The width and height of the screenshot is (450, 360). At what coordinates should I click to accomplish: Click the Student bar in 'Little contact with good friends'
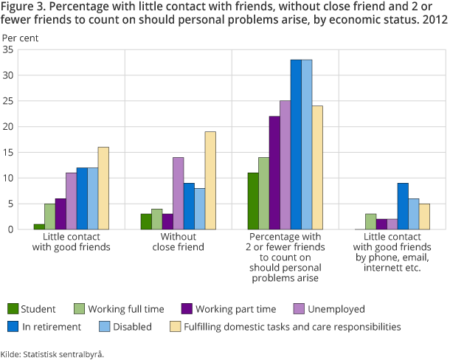click(38, 226)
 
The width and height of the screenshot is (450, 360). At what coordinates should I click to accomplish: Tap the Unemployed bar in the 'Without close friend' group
click(178, 193)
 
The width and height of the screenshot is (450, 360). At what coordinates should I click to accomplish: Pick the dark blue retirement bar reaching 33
click(296, 145)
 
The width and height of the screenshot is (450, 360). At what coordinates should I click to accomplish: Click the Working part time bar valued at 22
click(274, 173)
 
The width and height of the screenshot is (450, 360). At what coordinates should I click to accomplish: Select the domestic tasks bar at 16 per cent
click(103, 188)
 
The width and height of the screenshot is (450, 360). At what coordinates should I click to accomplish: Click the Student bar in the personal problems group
click(253, 201)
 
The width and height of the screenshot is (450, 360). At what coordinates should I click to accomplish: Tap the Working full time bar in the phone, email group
click(370, 221)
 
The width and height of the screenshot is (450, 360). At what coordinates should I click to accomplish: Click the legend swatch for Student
click(13, 308)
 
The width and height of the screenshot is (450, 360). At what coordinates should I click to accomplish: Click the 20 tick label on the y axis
click(9, 126)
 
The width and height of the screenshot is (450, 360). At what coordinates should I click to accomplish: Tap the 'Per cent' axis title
click(19, 36)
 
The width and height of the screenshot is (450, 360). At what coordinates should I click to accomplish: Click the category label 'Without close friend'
click(178, 242)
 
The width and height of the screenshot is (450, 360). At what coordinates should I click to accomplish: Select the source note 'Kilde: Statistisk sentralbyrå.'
click(52, 353)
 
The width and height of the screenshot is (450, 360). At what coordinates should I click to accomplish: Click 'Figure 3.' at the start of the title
click(22, 7)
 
